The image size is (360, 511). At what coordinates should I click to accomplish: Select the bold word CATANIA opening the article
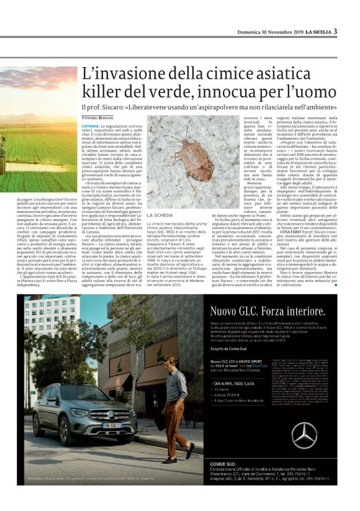pos(90,125)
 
